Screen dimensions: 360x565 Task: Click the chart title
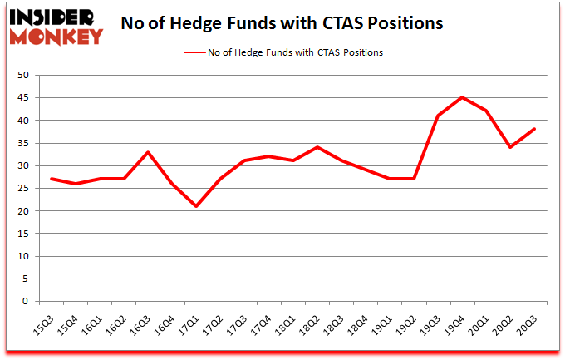pos(282,23)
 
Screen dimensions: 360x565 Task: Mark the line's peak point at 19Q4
pos(462,98)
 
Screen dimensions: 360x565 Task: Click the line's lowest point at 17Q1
pos(197,206)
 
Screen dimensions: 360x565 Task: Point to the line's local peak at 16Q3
pos(149,152)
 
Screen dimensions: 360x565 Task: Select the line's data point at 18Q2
pos(317,147)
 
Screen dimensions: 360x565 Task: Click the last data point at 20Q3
pos(534,130)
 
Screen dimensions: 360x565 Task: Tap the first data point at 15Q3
pos(52,179)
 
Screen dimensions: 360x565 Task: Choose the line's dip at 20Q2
pos(510,147)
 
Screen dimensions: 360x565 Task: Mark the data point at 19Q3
pos(438,116)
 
